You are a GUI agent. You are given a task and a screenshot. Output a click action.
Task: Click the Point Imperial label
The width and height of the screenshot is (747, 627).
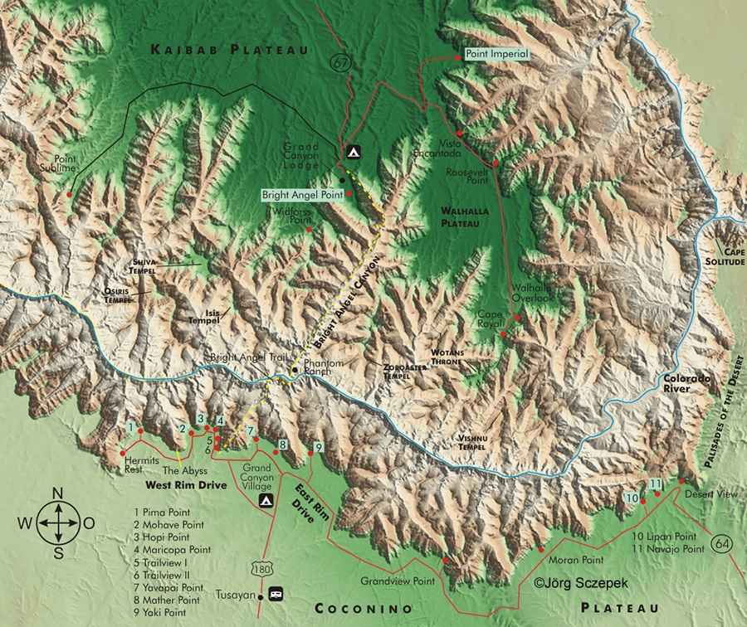coord(496,54)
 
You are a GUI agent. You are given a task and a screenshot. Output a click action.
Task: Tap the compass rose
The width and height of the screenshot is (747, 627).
coord(57,522)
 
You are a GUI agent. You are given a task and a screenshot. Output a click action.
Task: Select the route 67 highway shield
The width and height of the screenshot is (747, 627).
coord(339,62)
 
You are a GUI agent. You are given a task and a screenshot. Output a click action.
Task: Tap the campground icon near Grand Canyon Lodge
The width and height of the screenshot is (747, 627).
coord(353,153)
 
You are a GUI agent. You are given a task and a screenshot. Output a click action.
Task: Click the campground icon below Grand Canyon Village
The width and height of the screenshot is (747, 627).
coord(266,502)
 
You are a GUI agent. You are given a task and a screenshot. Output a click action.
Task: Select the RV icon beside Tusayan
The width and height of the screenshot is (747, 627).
coord(276,595)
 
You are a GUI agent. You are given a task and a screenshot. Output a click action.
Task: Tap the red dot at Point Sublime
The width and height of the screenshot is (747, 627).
coord(71,194)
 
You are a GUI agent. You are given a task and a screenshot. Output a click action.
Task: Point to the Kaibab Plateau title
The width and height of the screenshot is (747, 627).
coord(229,51)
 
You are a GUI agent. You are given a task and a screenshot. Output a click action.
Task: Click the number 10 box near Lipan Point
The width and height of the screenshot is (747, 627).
coord(632,498)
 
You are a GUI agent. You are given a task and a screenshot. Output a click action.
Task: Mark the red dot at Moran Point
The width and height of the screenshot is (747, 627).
coord(541,549)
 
